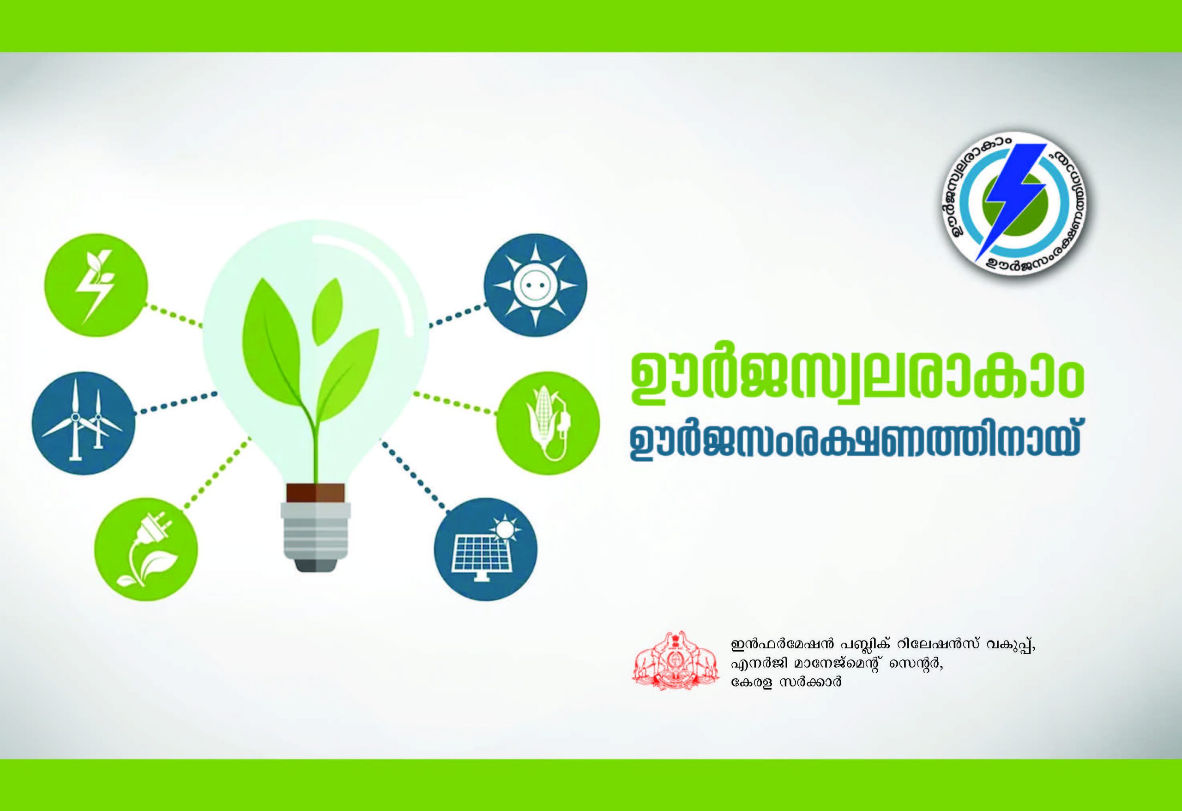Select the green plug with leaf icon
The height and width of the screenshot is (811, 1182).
point(146,550)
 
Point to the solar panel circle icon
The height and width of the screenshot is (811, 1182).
point(486,549)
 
